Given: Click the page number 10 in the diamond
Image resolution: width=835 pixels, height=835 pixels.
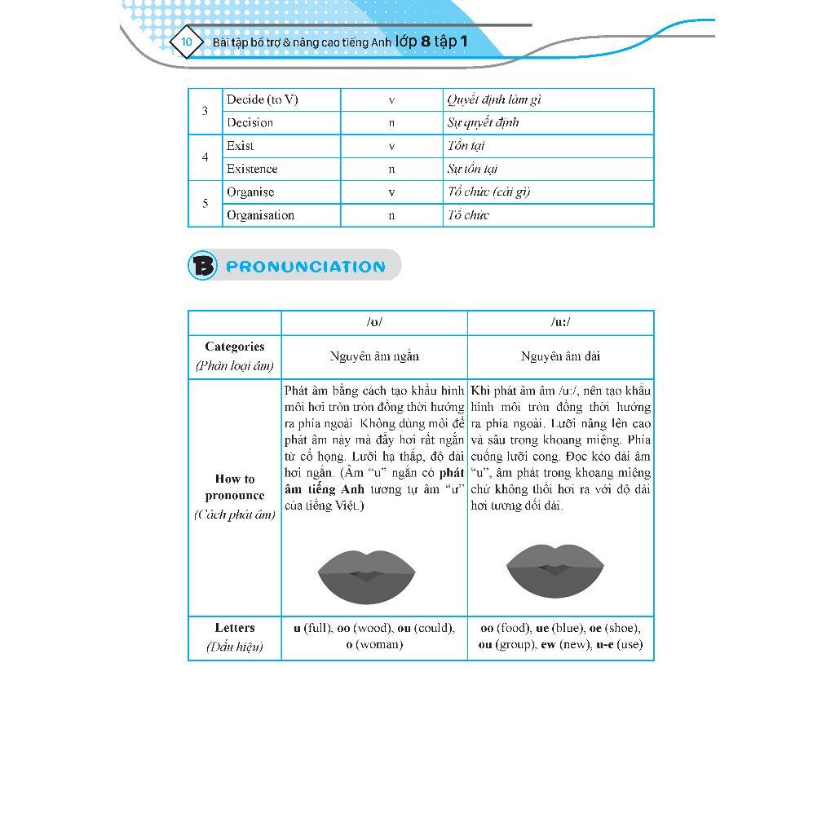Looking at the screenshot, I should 187,42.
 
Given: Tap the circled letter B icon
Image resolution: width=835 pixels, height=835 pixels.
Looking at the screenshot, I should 203,266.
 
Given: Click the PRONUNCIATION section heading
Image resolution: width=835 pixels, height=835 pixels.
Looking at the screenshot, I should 305,267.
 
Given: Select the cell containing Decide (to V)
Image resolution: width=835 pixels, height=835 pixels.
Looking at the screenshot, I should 263,99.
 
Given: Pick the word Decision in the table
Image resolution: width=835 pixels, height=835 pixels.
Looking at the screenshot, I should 250,122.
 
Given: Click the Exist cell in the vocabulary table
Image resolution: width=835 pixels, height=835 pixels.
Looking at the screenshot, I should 241,146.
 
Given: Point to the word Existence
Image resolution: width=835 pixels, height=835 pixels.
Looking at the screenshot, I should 252,169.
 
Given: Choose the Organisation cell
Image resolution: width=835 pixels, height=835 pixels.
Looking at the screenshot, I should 261,215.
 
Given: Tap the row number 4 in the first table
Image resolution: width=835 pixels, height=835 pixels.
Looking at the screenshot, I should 205,157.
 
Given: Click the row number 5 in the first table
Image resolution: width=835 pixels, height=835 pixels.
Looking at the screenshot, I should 205,204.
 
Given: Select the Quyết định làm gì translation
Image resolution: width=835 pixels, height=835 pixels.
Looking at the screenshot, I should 494,99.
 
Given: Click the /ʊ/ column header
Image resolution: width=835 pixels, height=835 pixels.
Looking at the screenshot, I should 374,322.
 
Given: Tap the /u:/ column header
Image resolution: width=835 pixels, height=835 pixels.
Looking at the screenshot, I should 560,322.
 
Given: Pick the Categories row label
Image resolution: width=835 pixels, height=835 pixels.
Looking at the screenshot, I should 235,347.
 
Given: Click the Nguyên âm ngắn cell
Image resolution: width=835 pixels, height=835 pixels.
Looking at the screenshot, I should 374,356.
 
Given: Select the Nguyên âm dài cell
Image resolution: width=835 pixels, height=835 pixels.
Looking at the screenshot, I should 560,356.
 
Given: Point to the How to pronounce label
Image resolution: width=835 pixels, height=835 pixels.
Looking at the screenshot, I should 235,487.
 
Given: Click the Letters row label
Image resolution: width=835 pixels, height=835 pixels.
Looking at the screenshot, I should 235,628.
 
